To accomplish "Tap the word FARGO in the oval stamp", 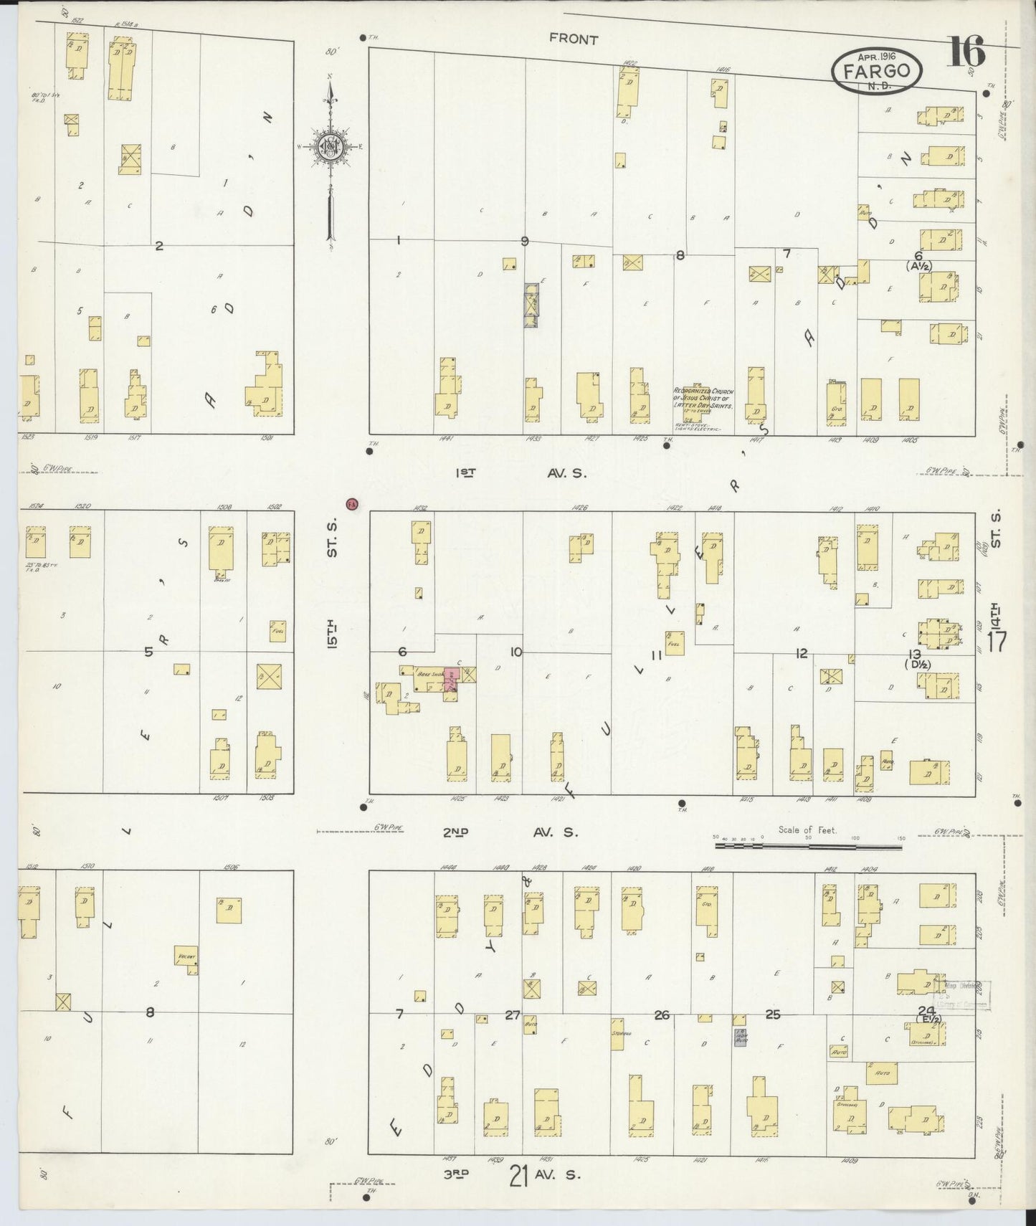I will [x=877, y=71].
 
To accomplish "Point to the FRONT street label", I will [x=573, y=40].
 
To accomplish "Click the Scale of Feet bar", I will [x=808, y=846].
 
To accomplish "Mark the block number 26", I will [x=661, y=1014].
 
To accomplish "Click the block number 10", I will [x=515, y=652].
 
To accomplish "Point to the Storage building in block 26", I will [x=617, y=1035].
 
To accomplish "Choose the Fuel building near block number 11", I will [x=674, y=643].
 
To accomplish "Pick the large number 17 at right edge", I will [x=997, y=640].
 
